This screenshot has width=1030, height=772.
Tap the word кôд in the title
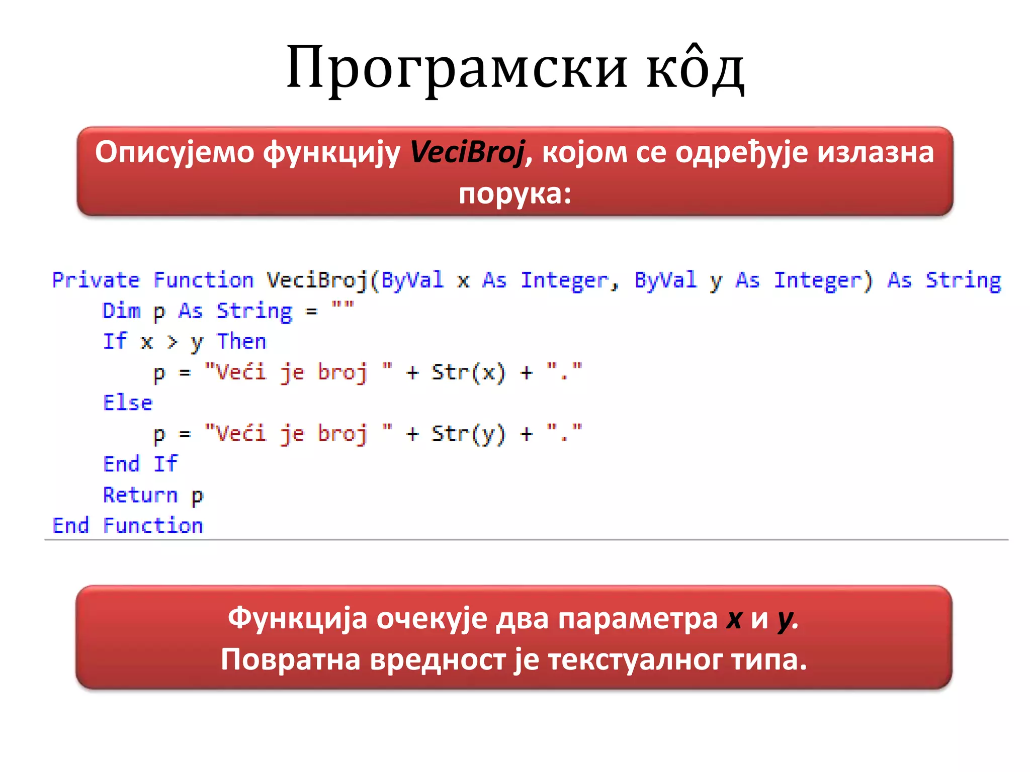click(x=695, y=68)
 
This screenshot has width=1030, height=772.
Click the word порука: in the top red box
click(x=515, y=194)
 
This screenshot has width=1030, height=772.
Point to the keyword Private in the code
click(x=96, y=280)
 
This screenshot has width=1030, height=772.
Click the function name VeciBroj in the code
click(x=317, y=280)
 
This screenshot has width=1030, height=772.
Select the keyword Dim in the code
click(x=121, y=311)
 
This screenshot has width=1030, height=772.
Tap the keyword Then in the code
click(x=241, y=342)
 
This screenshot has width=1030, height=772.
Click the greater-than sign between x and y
click(x=172, y=342)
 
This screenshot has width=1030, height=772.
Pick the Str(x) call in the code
click(x=468, y=373)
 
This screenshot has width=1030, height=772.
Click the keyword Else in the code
click(x=127, y=403)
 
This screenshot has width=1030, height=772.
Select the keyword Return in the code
click(x=140, y=495)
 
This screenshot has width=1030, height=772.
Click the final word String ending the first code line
click(x=963, y=280)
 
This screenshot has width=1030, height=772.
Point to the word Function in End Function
click(x=153, y=526)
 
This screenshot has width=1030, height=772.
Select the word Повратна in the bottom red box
click(x=291, y=659)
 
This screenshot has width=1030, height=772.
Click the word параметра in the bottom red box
click(x=638, y=619)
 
